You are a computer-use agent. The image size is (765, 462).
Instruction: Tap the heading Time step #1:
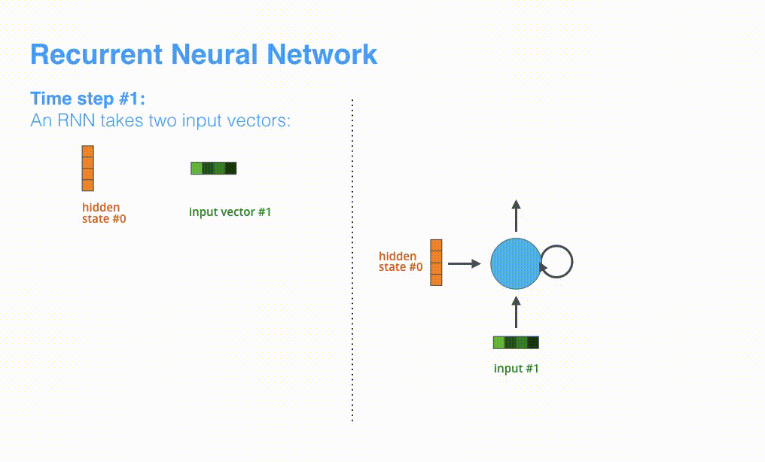tap(87, 99)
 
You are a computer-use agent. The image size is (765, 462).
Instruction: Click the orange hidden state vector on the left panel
tap(88, 168)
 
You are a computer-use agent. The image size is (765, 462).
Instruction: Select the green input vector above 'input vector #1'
tap(214, 168)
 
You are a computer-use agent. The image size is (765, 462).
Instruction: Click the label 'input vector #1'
tap(230, 212)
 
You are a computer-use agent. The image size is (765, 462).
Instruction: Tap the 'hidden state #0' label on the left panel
tap(103, 213)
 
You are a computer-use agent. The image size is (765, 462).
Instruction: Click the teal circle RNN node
tap(516, 263)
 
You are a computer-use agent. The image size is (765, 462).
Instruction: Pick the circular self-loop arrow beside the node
tap(559, 263)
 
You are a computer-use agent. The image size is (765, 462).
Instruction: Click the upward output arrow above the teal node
tap(516, 216)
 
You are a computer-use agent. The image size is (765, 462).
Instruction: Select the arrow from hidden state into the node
tap(464, 263)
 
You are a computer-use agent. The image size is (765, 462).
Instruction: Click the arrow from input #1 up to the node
tap(516, 312)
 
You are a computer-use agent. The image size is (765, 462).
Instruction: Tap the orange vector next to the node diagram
tap(436, 263)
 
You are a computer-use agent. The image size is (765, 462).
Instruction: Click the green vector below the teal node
tap(516, 343)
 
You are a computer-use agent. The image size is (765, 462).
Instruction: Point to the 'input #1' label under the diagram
tap(516, 369)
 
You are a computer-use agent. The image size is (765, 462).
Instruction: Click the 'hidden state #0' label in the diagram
tap(400, 262)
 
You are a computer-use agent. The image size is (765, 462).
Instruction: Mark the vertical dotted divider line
tap(352, 260)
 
